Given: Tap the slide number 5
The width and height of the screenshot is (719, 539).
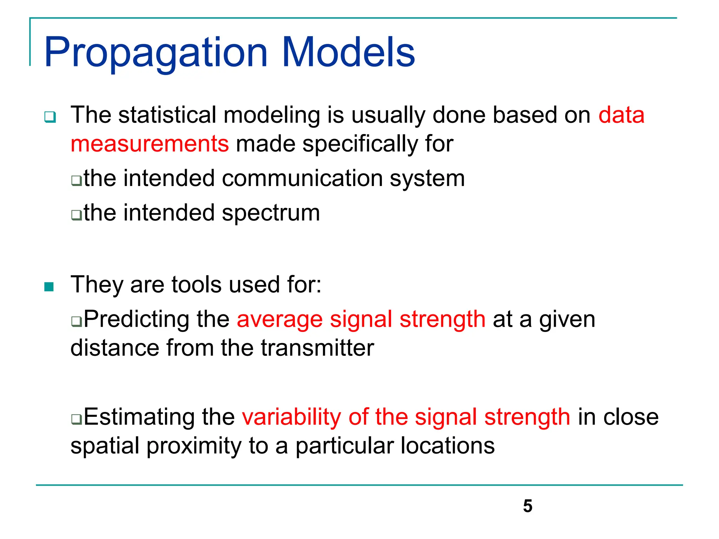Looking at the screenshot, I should click(527, 506).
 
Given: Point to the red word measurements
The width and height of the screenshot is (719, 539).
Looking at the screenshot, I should click(150, 144).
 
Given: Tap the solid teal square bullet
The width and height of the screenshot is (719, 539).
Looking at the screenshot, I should click(49, 287).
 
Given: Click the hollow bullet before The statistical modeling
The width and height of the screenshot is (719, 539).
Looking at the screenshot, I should click(50, 117).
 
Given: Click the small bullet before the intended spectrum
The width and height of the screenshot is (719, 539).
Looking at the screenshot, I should click(76, 214).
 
